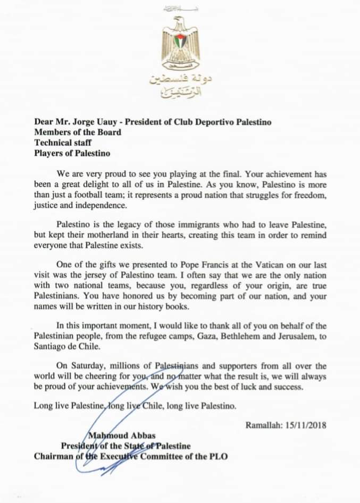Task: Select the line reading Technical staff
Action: [63, 142]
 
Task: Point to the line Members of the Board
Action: [78, 132]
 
